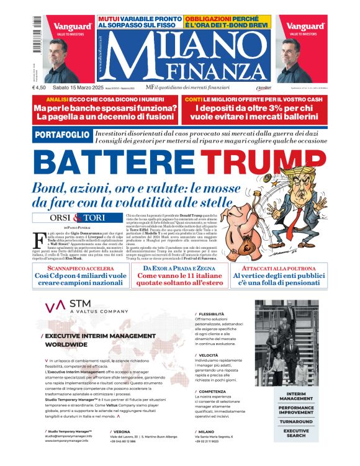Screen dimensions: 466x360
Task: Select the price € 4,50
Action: (x=42, y=87)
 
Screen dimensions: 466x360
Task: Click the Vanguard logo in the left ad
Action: (x=72, y=27)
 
